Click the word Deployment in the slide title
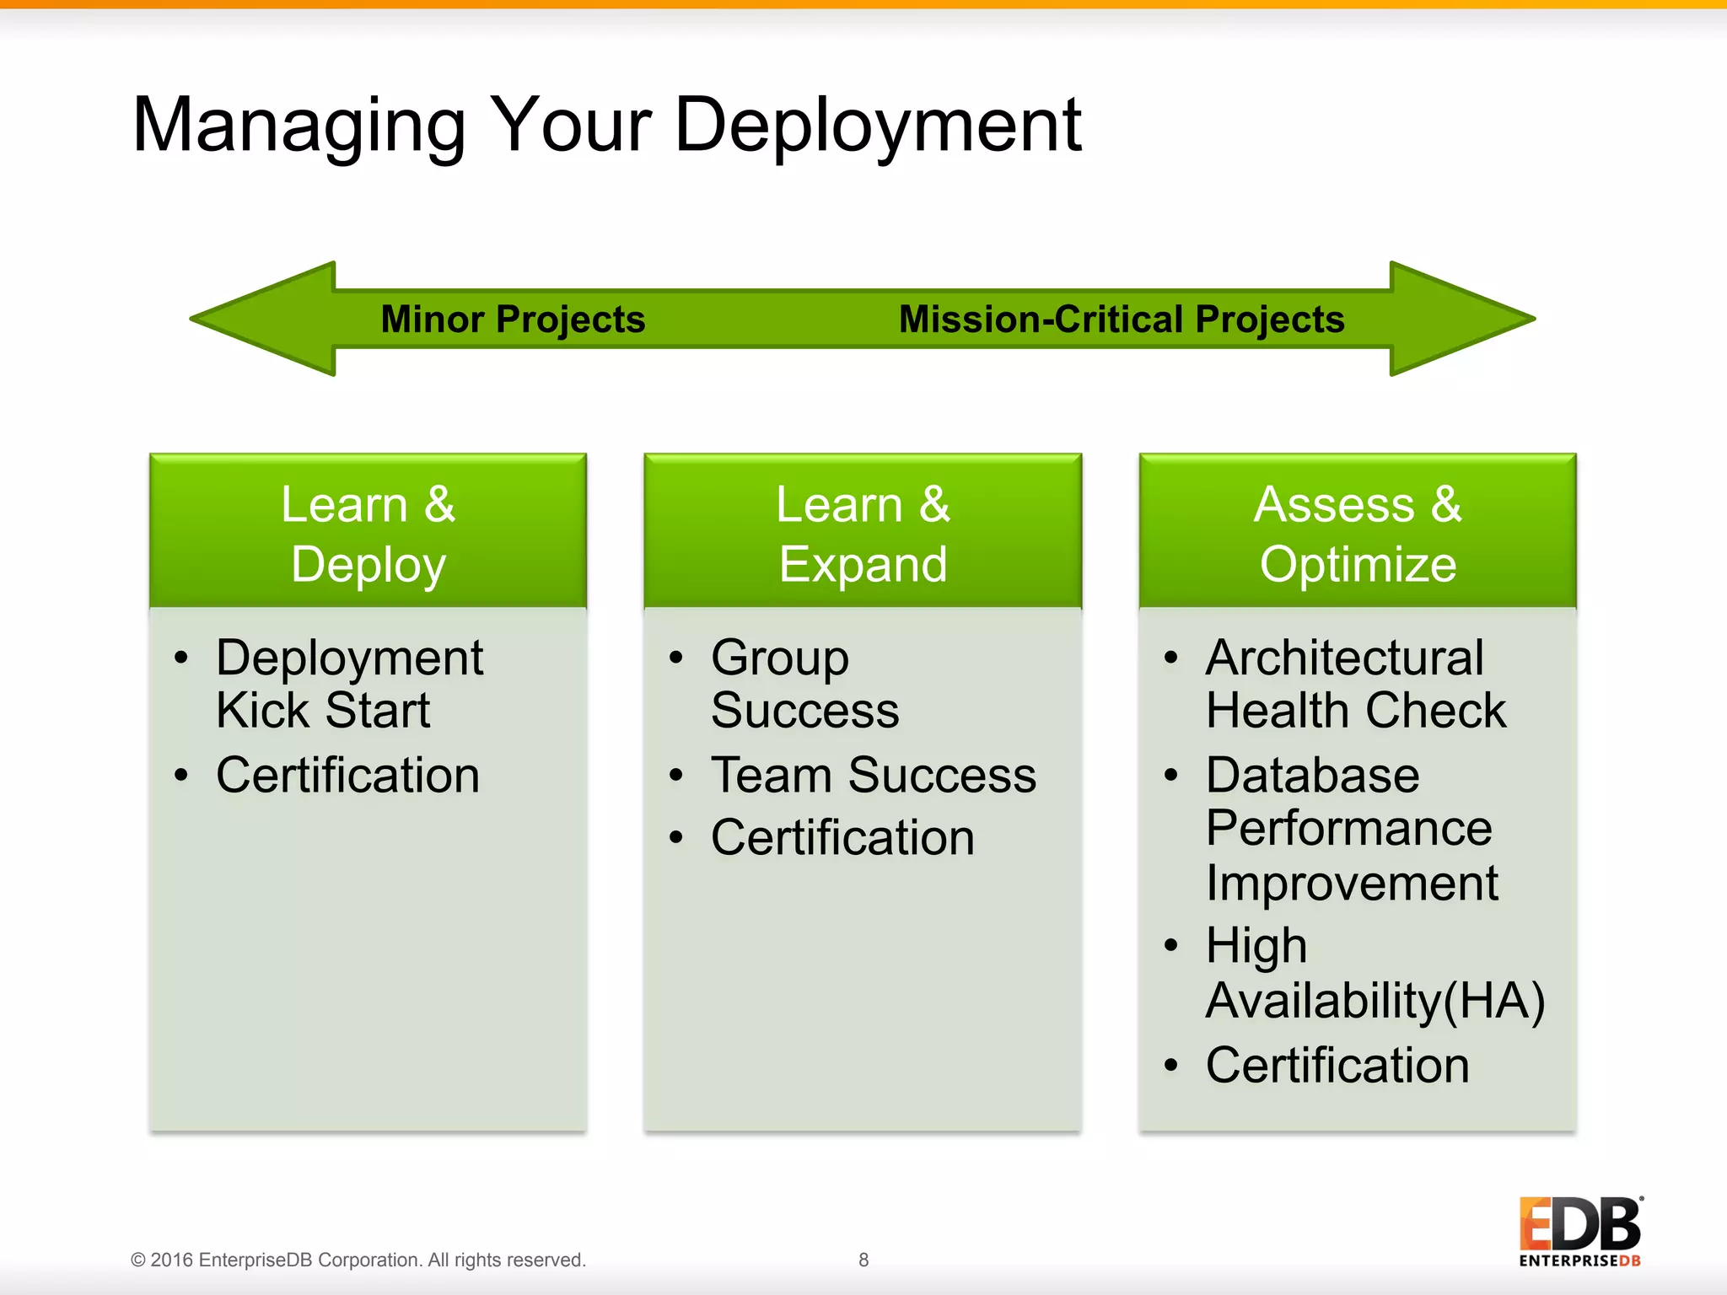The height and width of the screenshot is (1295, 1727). click(x=877, y=126)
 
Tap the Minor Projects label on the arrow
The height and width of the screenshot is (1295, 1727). click(x=513, y=320)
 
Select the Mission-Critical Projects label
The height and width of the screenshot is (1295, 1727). click(x=1122, y=320)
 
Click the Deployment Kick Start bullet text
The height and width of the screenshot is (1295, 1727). click(x=349, y=683)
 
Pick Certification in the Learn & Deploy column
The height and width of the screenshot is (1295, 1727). click(x=347, y=775)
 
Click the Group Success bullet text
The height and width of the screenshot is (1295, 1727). click(x=804, y=683)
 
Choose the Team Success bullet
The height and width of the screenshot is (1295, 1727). click(x=873, y=775)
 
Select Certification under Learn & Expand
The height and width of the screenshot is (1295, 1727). click(x=842, y=838)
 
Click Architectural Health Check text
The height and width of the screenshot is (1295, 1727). click(x=1354, y=683)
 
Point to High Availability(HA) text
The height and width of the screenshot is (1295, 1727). click(x=1375, y=973)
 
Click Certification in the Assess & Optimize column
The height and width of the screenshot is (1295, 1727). click(x=1337, y=1065)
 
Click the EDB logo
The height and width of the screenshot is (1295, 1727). click(x=1579, y=1231)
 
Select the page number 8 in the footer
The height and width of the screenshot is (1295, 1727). click(x=863, y=1260)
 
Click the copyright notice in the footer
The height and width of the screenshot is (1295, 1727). click(x=358, y=1260)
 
